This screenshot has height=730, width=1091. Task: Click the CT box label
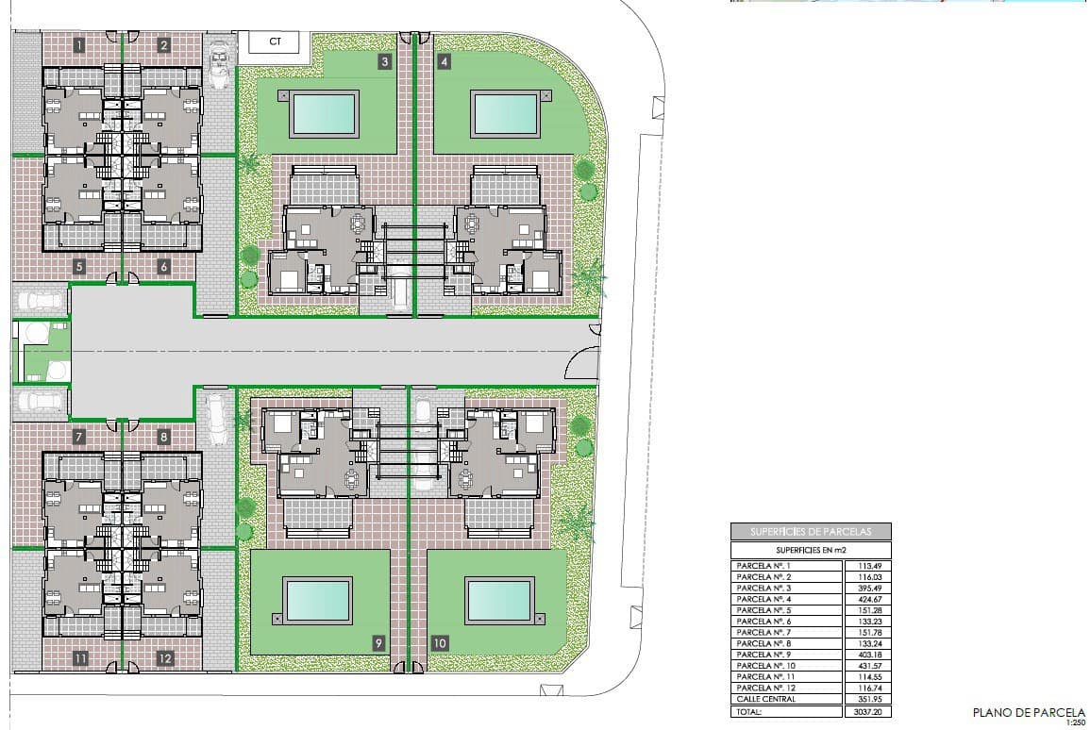(x=275, y=41)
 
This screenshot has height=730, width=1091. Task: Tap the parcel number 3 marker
(x=384, y=63)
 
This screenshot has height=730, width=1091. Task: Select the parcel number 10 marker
(x=440, y=643)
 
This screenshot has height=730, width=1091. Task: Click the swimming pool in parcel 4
(x=505, y=113)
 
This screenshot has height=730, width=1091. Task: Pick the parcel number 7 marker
(x=79, y=437)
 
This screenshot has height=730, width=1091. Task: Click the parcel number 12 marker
(x=164, y=658)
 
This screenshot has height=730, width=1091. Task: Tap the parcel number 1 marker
(x=79, y=44)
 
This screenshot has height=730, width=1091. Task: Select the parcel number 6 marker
(x=163, y=267)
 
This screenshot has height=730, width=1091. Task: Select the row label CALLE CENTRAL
(x=766, y=699)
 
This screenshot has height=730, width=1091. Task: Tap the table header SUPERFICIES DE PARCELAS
(x=811, y=532)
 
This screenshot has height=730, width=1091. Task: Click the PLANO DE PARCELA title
(x=1029, y=712)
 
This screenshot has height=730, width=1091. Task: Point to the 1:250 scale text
(x=1075, y=723)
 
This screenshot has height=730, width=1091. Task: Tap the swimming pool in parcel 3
(x=325, y=113)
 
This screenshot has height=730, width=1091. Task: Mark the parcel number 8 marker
(x=163, y=437)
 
